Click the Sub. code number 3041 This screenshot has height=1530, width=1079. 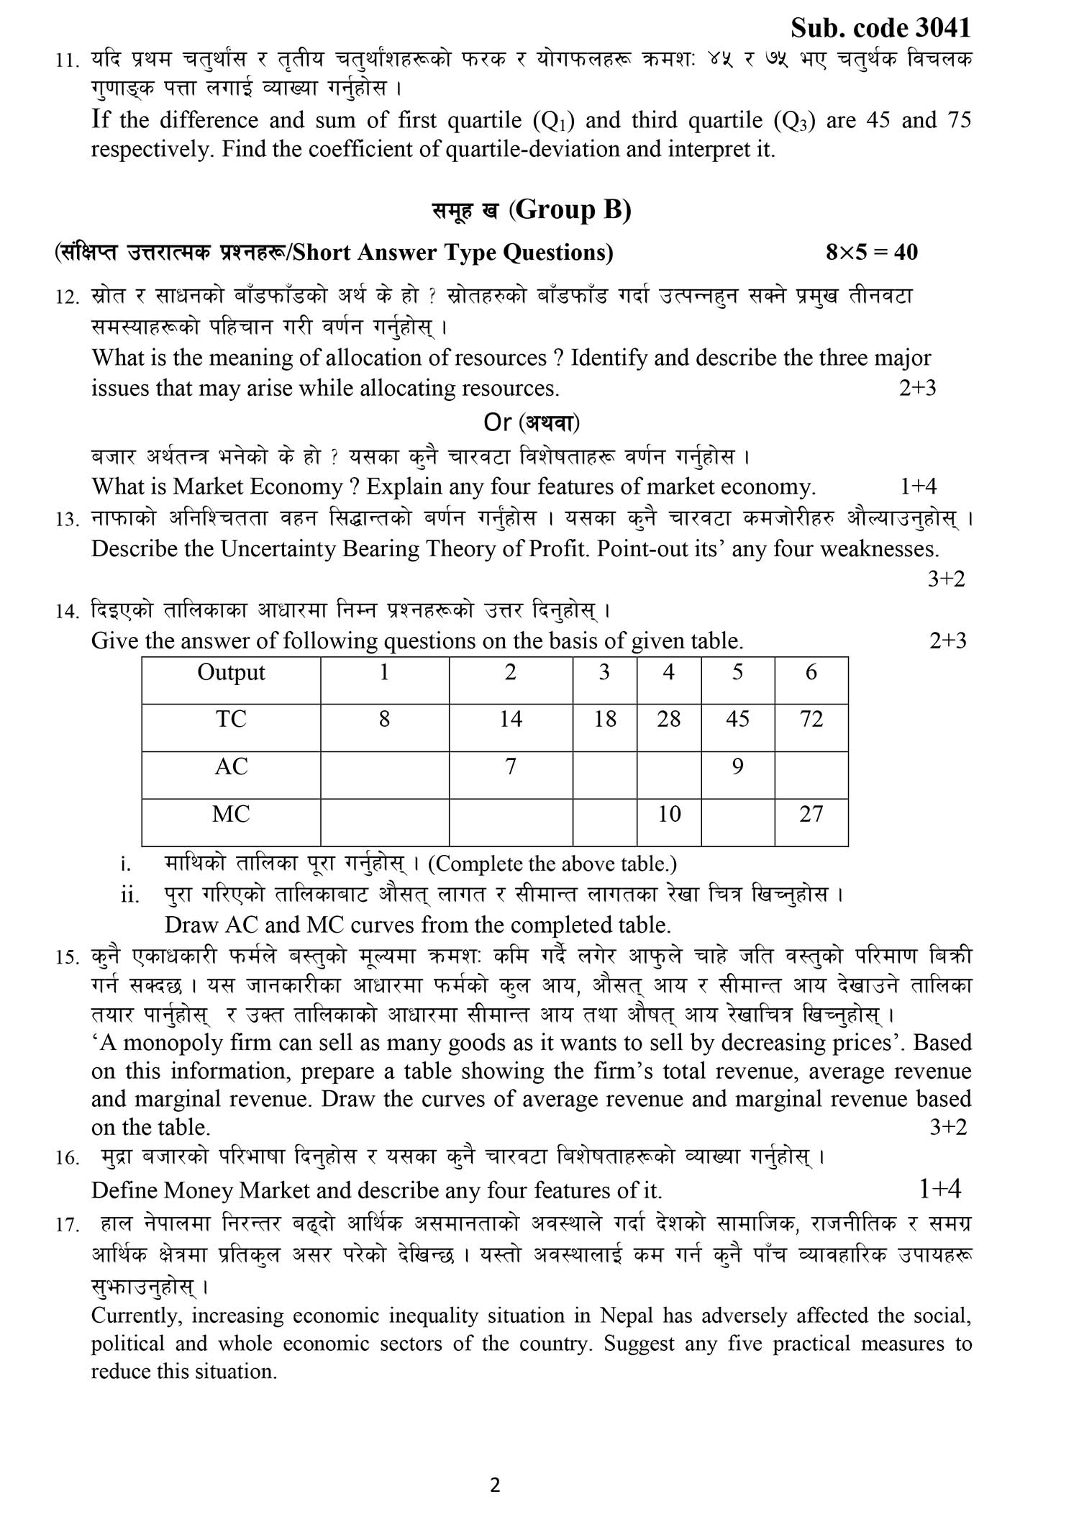click(943, 28)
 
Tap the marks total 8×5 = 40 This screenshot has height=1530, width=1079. click(871, 252)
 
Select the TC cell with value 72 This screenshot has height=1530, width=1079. click(811, 719)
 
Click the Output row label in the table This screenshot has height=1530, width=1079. click(231, 673)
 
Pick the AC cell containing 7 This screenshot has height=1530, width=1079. click(510, 767)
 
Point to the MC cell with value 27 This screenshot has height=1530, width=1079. click(811, 815)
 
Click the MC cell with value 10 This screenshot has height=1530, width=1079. click(669, 815)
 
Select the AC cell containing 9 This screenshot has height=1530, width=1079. click(737, 767)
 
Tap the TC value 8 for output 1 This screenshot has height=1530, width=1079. click(384, 719)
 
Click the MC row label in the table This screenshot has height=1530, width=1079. click(231, 815)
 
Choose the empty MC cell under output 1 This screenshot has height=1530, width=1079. click(384, 822)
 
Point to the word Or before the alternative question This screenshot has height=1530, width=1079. click(497, 422)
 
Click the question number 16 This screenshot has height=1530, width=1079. click(66, 1159)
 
